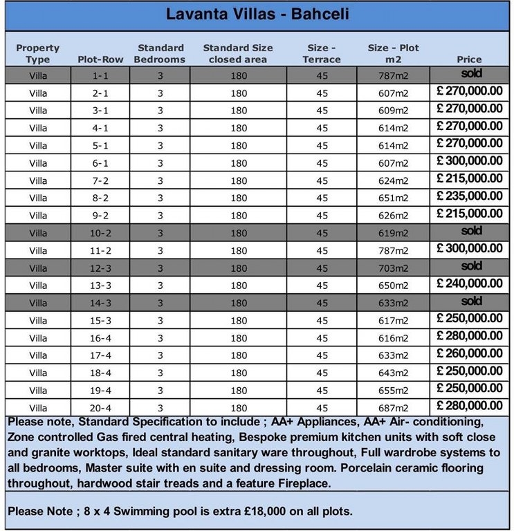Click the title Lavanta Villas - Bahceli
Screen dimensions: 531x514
[257, 15]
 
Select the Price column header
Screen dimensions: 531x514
[470, 59]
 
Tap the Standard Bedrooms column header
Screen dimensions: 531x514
[160, 53]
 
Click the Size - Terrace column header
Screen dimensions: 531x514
[322, 53]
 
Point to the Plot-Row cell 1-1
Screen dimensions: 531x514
[100, 75]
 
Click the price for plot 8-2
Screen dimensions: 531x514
[470, 196]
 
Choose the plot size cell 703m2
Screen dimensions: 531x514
[393, 268]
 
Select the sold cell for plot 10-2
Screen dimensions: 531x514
[471, 231]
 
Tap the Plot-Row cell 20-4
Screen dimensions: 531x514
[100, 409]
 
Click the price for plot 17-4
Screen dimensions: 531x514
[470, 353]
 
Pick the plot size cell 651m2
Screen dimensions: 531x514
[393, 198]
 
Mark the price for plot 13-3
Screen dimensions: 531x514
[470, 283]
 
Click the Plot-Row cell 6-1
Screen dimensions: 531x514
[100, 163]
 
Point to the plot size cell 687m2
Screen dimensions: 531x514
[393, 409]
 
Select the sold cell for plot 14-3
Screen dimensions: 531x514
[471, 301]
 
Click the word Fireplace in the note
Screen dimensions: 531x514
[302, 484]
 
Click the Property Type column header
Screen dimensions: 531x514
[38, 53]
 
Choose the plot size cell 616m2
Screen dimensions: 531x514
[393, 339]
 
